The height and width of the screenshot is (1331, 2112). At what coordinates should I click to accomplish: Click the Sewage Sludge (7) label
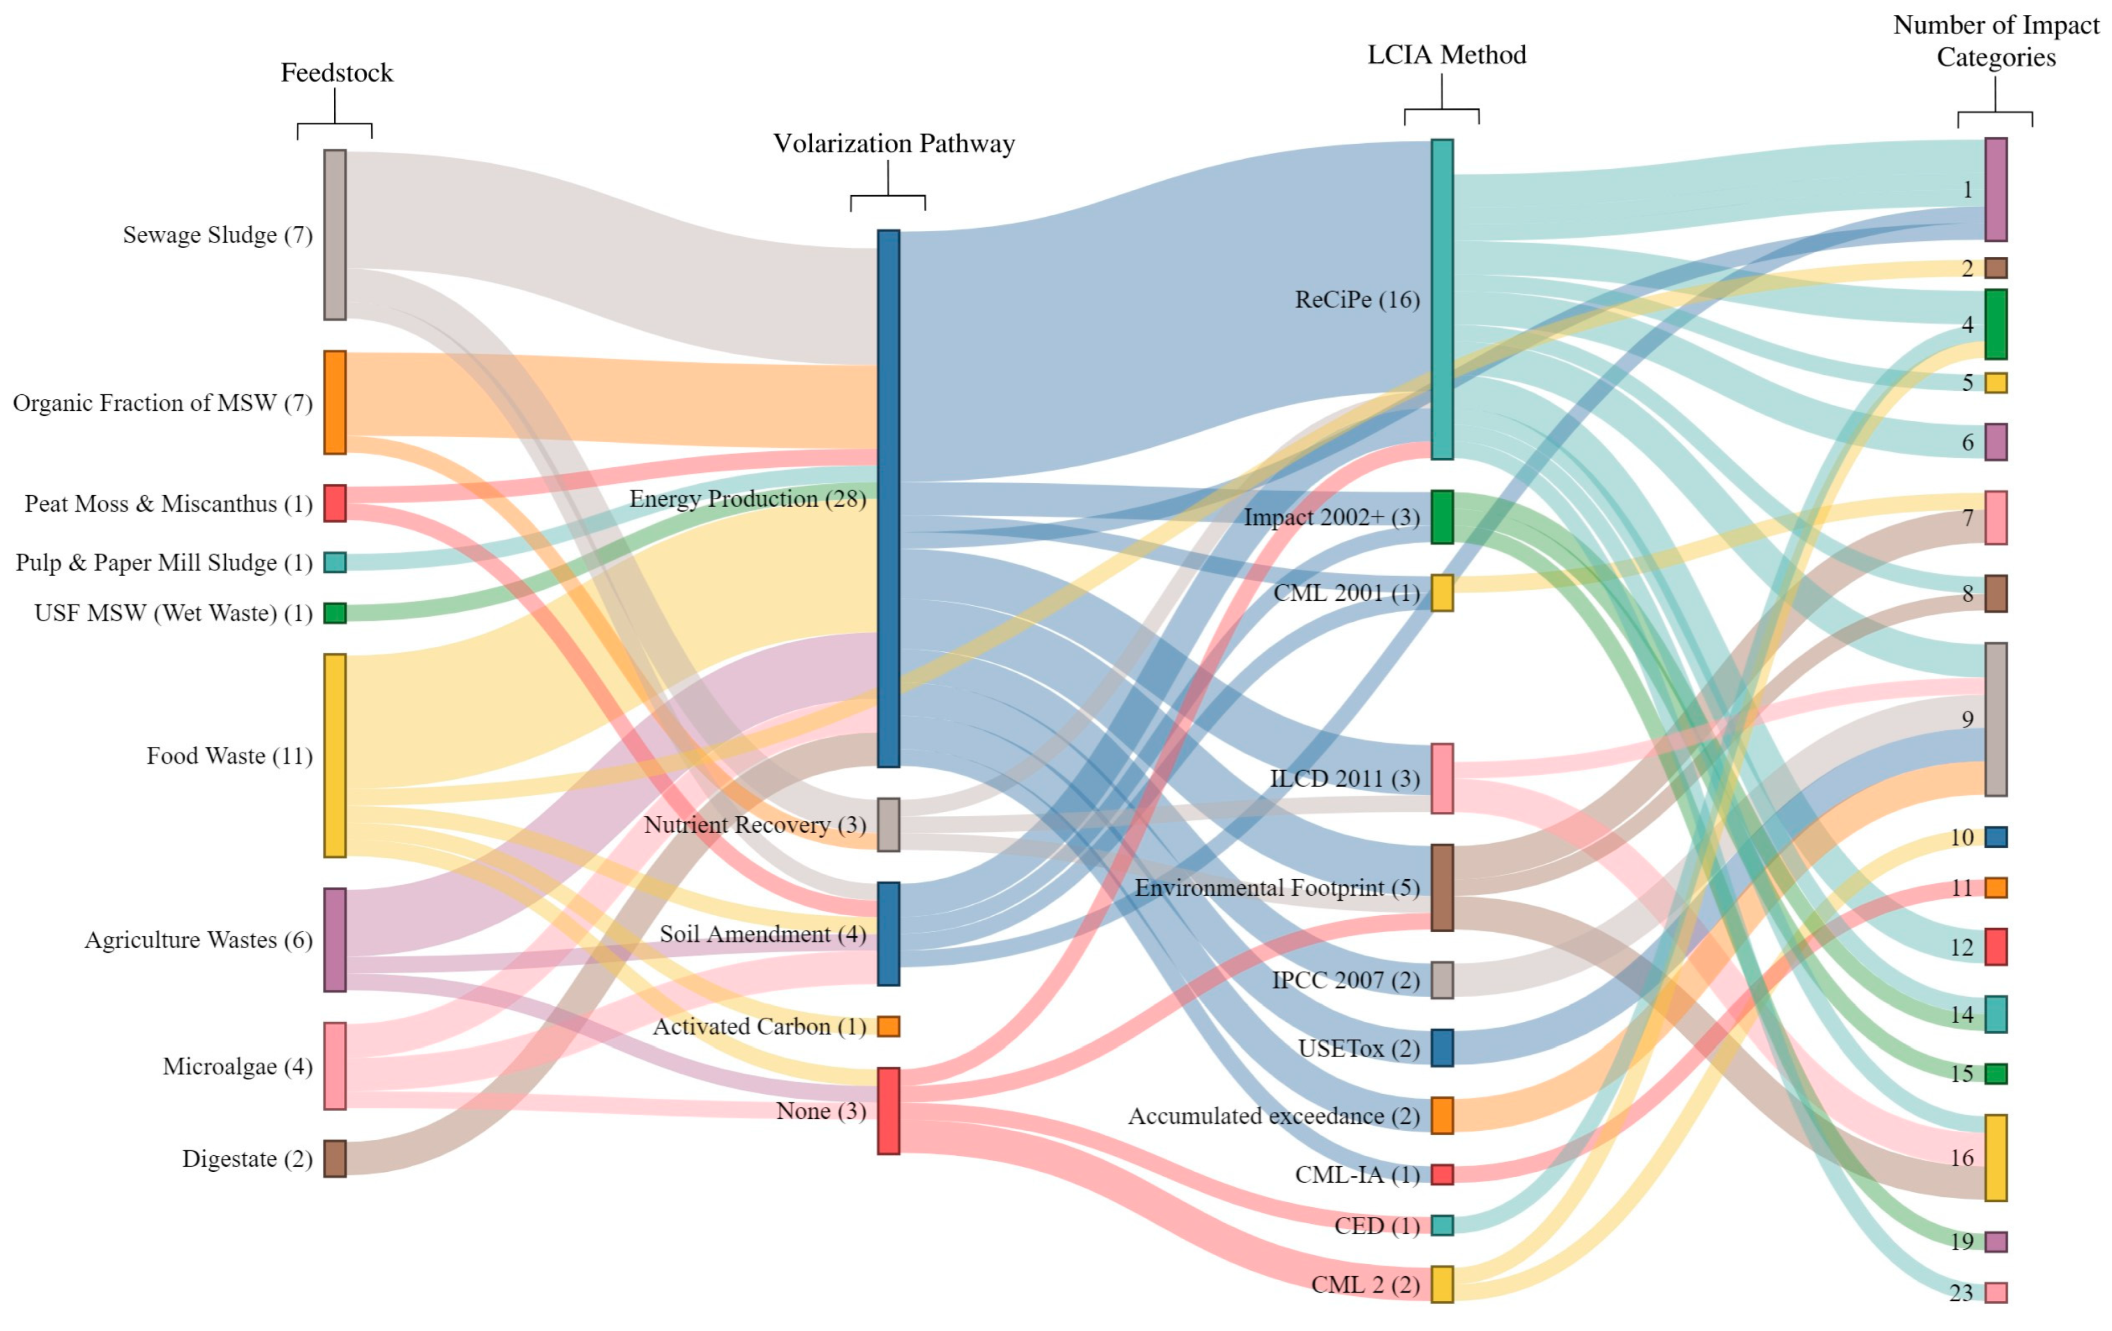pyautogui.click(x=217, y=235)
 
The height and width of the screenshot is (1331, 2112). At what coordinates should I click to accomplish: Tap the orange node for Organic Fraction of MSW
pyautogui.click(x=335, y=403)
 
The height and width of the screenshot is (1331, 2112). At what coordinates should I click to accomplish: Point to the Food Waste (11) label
pyautogui.click(x=229, y=756)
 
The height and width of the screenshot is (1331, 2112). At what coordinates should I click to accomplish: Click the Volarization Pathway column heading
pyautogui.click(x=893, y=144)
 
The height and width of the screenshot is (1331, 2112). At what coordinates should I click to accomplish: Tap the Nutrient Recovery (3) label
pyautogui.click(x=754, y=825)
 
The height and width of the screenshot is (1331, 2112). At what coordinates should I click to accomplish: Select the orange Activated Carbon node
pyautogui.click(x=888, y=1026)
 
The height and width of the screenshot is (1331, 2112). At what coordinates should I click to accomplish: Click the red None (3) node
pyautogui.click(x=888, y=1111)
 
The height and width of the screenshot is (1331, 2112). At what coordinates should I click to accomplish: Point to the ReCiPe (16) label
pyautogui.click(x=1357, y=300)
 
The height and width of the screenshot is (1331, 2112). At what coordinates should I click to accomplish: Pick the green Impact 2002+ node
pyautogui.click(x=1442, y=517)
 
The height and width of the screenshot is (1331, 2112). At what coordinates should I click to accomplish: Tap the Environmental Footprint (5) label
pyautogui.click(x=1277, y=888)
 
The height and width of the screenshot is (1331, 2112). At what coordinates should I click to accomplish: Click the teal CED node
pyautogui.click(x=1442, y=1225)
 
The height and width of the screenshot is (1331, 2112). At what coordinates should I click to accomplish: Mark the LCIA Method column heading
pyautogui.click(x=1447, y=55)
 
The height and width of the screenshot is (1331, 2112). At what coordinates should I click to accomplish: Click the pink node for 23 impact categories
pyautogui.click(x=1996, y=1292)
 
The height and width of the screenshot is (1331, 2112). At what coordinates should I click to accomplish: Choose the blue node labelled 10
pyautogui.click(x=1996, y=837)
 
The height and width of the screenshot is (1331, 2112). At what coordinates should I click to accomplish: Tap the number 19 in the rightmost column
pyautogui.click(x=1962, y=1241)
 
